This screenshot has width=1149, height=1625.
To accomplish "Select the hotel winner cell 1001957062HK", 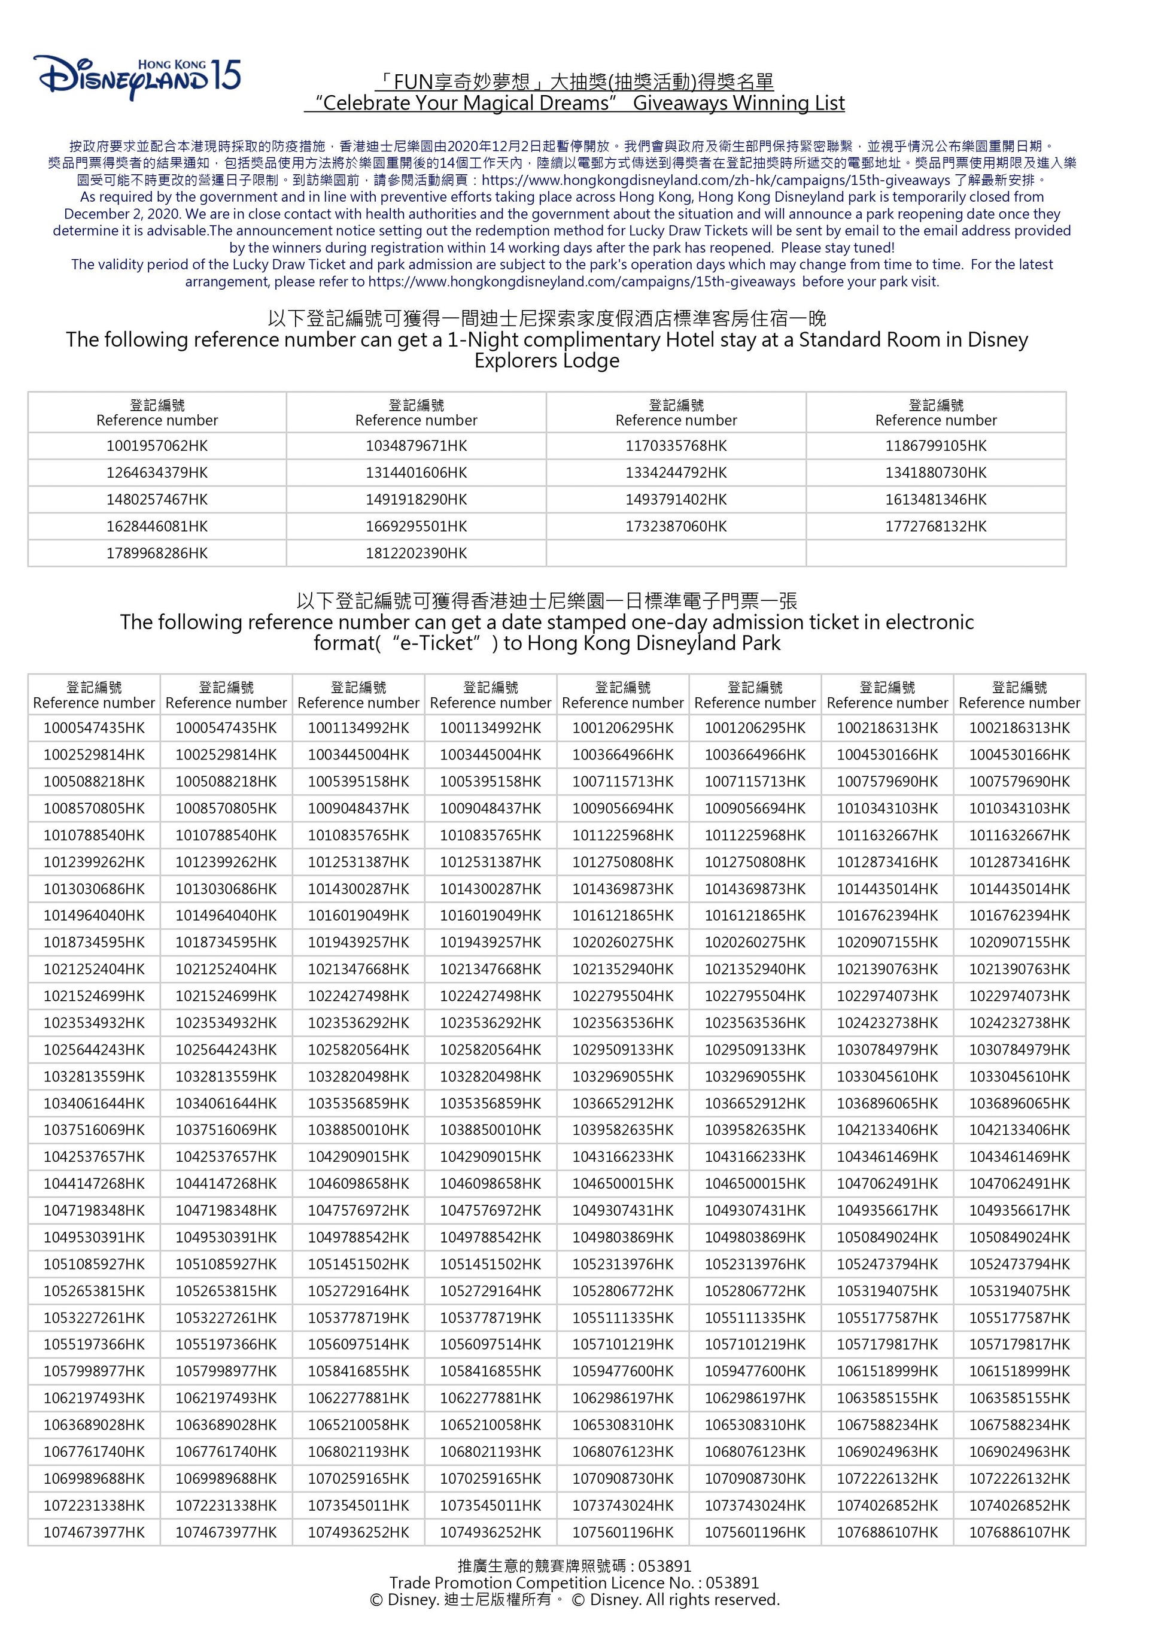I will [157, 446].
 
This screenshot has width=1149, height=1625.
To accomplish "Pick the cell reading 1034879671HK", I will [416, 446].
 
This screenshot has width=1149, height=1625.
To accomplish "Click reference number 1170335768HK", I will [676, 446].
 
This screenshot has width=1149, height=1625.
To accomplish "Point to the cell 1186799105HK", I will [935, 446].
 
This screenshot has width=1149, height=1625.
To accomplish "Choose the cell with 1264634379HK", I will [157, 473].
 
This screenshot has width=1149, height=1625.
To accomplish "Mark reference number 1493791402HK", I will [676, 500].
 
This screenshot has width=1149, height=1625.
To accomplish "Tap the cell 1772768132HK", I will [935, 527].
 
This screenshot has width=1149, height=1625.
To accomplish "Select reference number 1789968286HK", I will [157, 554].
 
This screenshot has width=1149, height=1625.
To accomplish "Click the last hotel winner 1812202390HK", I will [416, 554].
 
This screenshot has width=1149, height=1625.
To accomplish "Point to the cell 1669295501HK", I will [416, 527].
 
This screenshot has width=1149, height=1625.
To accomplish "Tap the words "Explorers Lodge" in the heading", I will [546, 361].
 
